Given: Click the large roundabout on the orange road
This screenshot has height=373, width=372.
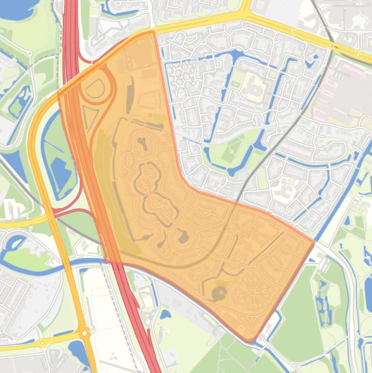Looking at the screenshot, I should point(85,333).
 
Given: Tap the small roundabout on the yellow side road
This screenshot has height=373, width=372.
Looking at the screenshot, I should point(43,343).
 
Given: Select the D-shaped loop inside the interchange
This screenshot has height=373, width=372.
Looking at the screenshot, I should point(95,88).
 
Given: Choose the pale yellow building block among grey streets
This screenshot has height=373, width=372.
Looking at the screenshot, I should point(254,87).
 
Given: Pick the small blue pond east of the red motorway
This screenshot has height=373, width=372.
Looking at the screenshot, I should point(165,314).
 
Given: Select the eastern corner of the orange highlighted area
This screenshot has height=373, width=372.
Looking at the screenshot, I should point(314,241).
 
